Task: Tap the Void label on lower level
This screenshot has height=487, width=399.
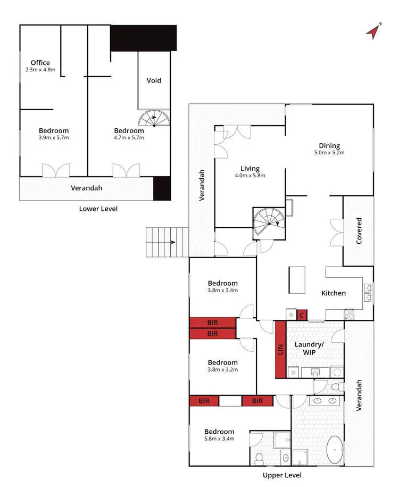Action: click(154, 81)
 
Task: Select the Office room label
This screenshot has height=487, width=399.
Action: click(40, 63)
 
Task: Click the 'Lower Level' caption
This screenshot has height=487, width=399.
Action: click(98, 209)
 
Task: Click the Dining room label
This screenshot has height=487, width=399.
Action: click(329, 146)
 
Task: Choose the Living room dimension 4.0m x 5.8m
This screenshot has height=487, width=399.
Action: click(250, 175)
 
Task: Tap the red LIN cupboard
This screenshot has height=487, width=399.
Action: click(280, 349)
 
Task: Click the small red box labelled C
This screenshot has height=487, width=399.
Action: click(302, 315)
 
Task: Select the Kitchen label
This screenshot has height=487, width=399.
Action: click(334, 293)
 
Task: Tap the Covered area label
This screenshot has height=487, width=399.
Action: click(359, 230)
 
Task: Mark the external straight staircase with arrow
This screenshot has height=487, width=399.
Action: click(167, 242)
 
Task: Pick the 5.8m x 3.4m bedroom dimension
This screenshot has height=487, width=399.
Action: click(220, 439)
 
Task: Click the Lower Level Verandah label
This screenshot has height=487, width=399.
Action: click(87, 188)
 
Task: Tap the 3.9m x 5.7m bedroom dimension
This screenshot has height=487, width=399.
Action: click(54, 138)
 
